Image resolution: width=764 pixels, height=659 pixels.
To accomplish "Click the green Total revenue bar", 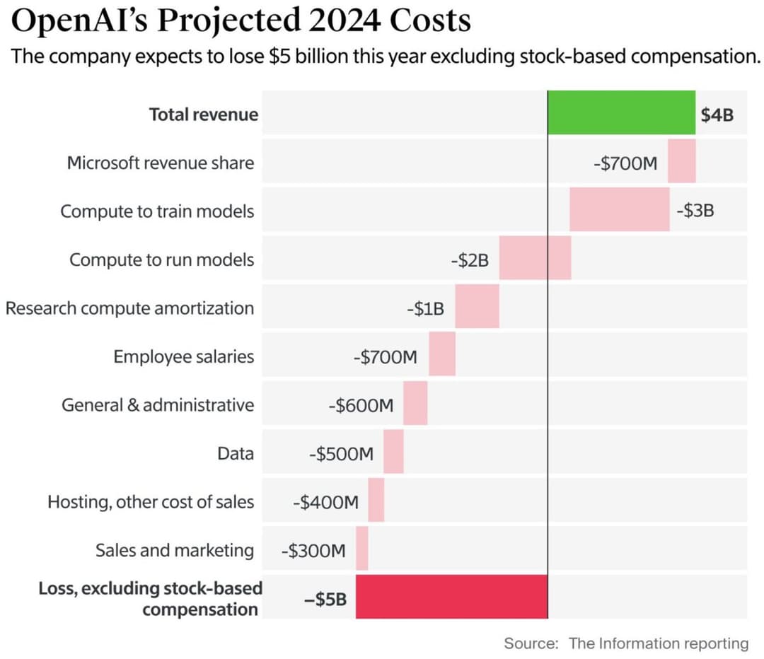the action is click(622, 112).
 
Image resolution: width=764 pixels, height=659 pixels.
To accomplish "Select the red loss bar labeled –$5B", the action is click(451, 597).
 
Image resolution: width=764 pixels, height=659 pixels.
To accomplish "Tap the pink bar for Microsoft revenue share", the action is click(682, 161).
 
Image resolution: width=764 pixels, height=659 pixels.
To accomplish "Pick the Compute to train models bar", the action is click(620, 209).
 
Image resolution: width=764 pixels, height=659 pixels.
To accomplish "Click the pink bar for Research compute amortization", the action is click(477, 306).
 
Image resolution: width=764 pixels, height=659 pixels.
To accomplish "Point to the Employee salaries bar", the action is click(442, 354).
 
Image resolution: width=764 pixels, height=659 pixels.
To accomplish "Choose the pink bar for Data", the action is click(394, 451).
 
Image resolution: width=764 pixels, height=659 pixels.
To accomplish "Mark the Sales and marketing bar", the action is click(362, 548).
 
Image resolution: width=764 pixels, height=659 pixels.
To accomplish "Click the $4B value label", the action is click(717, 115).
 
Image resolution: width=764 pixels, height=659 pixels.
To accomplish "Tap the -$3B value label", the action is click(695, 211).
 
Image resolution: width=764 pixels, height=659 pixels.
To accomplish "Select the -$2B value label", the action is click(470, 260).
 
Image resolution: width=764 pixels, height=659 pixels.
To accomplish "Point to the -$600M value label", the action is click(361, 405).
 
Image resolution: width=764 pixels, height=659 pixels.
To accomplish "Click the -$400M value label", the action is click(326, 502).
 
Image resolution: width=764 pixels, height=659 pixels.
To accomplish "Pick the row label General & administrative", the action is click(158, 404).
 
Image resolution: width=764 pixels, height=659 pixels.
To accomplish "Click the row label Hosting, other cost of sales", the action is click(151, 502).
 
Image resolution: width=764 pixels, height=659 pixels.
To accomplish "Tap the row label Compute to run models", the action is click(162, 259).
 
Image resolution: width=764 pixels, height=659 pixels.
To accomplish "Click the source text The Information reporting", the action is click(659, 643).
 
